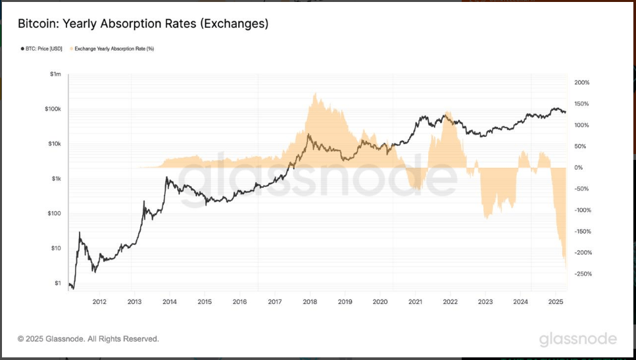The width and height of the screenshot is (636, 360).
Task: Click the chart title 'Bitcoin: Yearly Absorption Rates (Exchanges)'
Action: click(143, 24)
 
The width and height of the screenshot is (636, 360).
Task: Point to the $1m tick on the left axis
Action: click(55, 74)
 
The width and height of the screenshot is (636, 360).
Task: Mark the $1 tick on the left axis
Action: click(58, 283)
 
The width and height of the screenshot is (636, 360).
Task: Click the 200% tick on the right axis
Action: click(582, 83)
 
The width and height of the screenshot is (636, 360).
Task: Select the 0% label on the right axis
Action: click(578, 168)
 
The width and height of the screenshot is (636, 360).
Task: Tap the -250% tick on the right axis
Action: click(583, 274)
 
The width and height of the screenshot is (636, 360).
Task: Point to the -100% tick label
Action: click(583, 211)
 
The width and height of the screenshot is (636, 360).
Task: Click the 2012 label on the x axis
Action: click(99, 302)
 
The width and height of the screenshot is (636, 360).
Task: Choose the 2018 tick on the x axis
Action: click(310, 302)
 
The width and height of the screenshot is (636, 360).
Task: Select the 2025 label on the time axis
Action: click(556, 302)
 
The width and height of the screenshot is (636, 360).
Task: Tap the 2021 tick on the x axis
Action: click(415, 302)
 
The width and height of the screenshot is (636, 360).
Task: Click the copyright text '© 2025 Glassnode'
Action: click(88, 339)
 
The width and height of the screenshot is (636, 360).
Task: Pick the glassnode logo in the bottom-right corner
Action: click(578, 339)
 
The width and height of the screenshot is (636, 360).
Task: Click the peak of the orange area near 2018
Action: click(315, 93)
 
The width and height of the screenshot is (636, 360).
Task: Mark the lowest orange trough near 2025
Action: click(566, 267)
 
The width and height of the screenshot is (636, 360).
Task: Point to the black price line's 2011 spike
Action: click(80, 232)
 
